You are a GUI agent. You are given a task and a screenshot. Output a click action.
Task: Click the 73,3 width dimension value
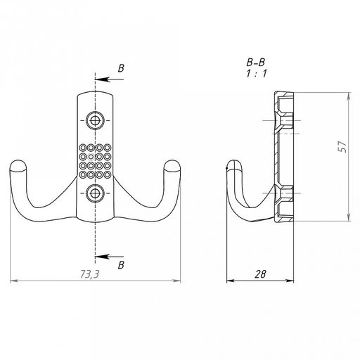click(x=89, y=274)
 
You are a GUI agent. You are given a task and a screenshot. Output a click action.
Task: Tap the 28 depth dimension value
click(x=260, y=274)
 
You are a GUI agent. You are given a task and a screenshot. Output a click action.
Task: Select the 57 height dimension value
click(x=342, y=146)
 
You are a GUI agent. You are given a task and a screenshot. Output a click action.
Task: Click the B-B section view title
click(x=256, y=63)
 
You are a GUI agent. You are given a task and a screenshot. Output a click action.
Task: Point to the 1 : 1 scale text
click(x=257, y=74)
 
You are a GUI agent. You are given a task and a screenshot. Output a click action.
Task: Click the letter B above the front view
click(x=121, y=68)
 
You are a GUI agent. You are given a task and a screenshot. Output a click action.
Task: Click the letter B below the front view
click(x=121, y=265)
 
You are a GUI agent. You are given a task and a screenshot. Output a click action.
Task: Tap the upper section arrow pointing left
click(x=109, y=79)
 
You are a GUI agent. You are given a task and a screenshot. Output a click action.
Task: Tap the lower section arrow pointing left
click(x=109, y=257)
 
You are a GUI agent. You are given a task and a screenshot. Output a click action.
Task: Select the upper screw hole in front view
click(x=95, y=120)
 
